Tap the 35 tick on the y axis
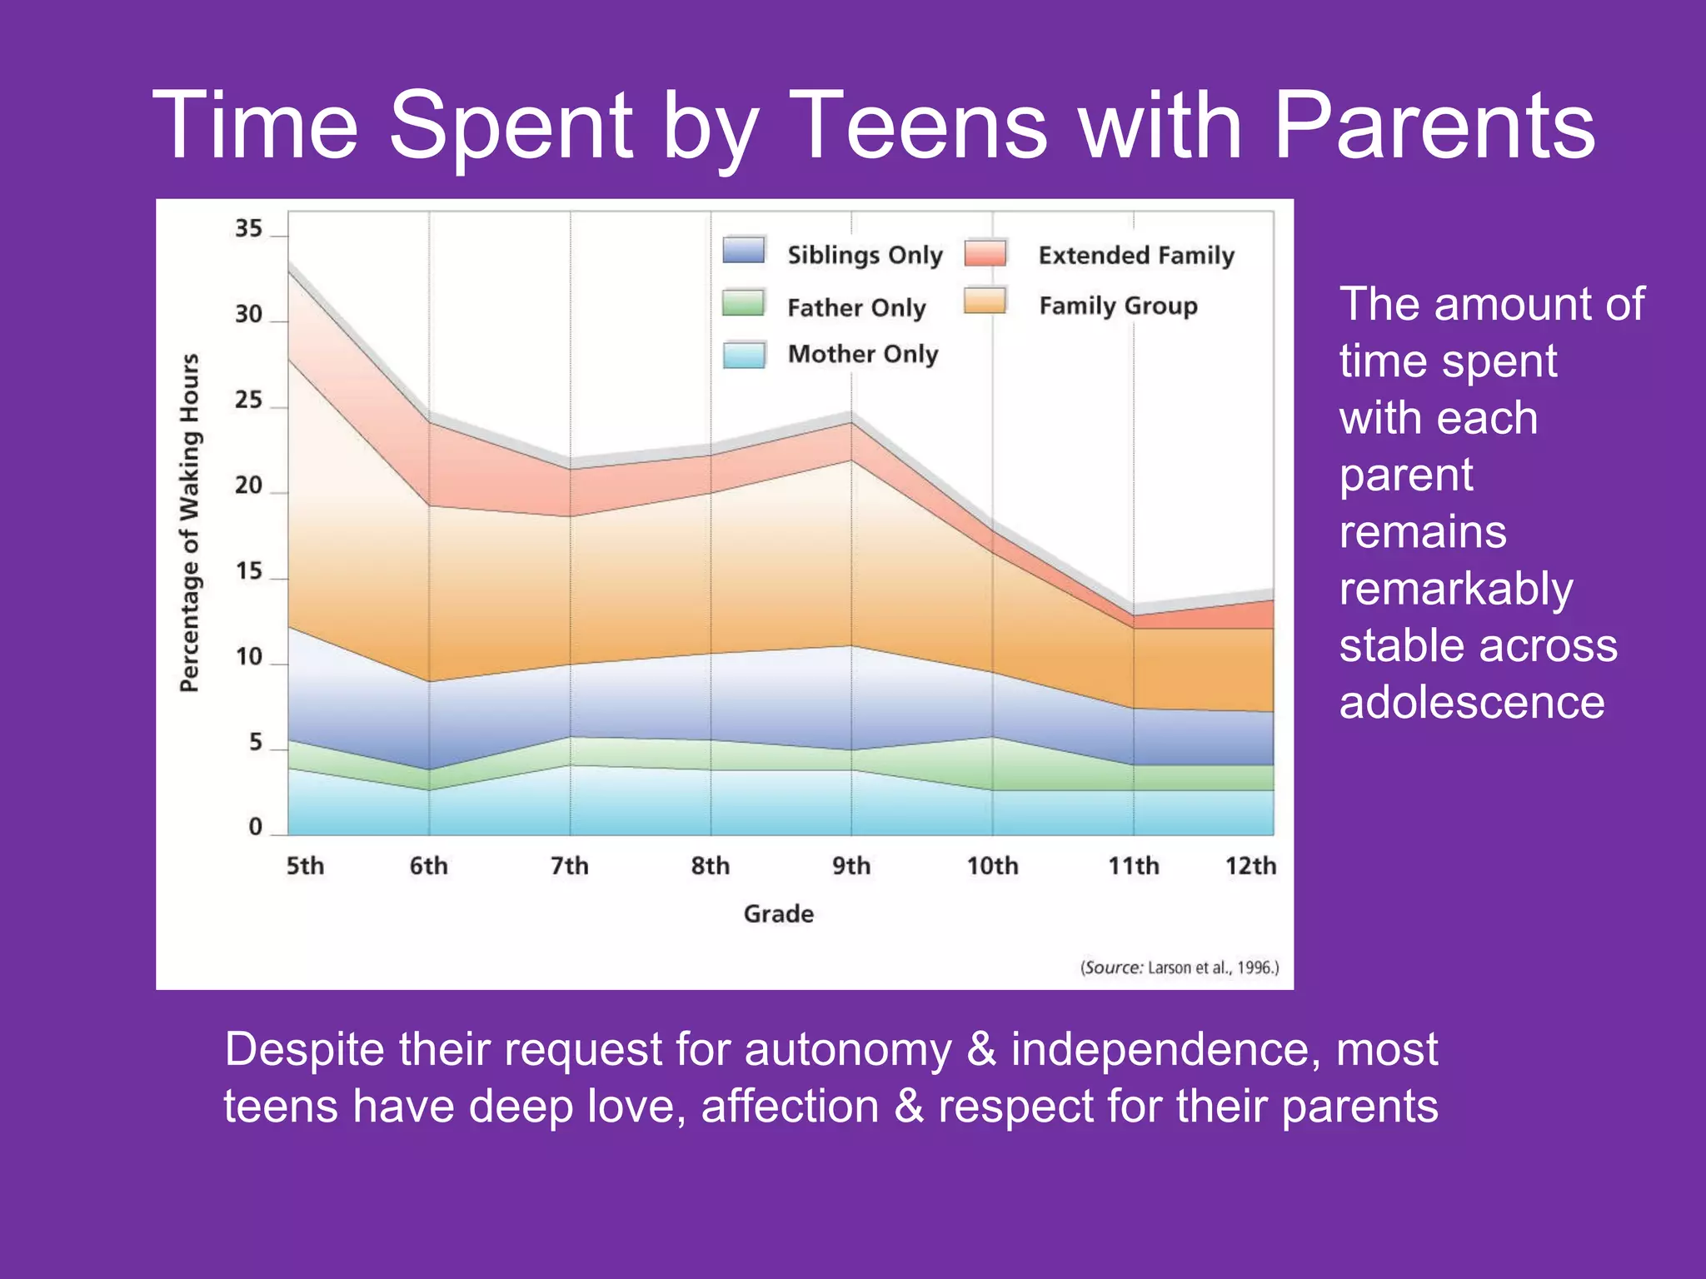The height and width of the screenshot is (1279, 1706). tap(248, 228)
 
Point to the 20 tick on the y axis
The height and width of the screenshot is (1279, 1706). tap(248, 485)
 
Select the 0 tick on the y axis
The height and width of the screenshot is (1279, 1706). tap(256, 827)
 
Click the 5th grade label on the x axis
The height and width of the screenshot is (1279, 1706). tap(305, 866)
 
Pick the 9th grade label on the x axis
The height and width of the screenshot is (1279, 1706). tap(851, 866)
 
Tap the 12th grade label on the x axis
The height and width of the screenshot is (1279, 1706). tap(1250, 866)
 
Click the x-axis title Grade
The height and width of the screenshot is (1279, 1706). tap(778, 913)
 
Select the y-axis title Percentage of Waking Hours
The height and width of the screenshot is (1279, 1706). tap(190, 523)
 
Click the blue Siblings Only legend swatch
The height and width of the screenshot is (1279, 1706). tap(744, 251)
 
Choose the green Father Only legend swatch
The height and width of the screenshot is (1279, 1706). tap(744, 303)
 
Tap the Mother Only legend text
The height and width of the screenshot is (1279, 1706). tap(863, 354)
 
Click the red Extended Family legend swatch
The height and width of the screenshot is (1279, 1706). tap(985, 252)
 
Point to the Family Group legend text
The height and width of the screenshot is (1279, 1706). tap(1118, 306)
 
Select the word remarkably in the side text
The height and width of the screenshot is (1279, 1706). tap(1456, 589)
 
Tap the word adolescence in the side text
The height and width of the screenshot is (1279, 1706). tap(1472, 702)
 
